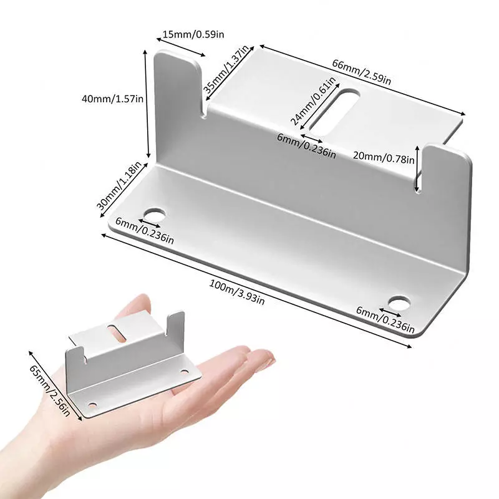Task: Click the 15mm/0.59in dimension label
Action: (193, 34)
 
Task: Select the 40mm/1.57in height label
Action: (113, 99)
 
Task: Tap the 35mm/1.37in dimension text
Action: (226, 69)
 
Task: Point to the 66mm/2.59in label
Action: (362, 72)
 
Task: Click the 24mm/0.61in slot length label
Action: (313, 101)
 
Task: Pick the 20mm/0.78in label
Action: (384, 157)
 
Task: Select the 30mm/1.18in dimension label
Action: (119, 186)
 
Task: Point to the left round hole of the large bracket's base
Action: (155, 215)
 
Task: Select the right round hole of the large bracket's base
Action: (399, 304)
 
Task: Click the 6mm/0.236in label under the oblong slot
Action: (307, 146)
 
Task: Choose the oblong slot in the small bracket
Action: (116, 333)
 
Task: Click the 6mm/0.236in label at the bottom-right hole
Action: (385, 319)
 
